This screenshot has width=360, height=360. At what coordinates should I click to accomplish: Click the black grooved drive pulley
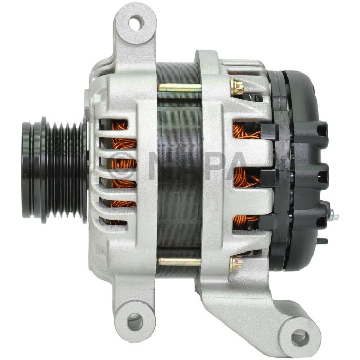pyautogui.click(x=55, y=170)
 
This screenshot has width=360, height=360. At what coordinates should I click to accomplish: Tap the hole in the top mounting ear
pyautogui.click(x=136, y=23)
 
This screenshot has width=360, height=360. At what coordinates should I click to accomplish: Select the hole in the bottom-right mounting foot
pyautogui.click(x=299, y=337)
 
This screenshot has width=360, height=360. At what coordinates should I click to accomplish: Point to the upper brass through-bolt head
pyautogui.click(x=237, y=86)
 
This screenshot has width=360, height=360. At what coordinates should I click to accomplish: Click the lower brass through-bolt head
pyautogui.click(x=236, y=263)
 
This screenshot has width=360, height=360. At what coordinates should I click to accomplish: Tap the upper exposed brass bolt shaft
pyautogui.click(x=179, y=87)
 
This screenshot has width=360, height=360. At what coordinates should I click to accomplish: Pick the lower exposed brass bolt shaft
pyautogui.click(x=179, y=261)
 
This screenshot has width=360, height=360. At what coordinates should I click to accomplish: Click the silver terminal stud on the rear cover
pyautogui.click(x=333, y=217)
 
